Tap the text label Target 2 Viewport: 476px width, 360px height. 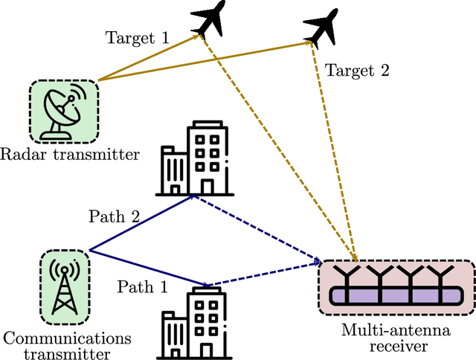pyautogui.click(x=357, y=71)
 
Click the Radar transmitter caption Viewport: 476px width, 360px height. pyautogui.click(x=70, y=155)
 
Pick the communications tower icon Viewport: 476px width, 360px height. pyautogui.click(x=65, y=286)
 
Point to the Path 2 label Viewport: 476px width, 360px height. pyautogui.click(x=115, y=216)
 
